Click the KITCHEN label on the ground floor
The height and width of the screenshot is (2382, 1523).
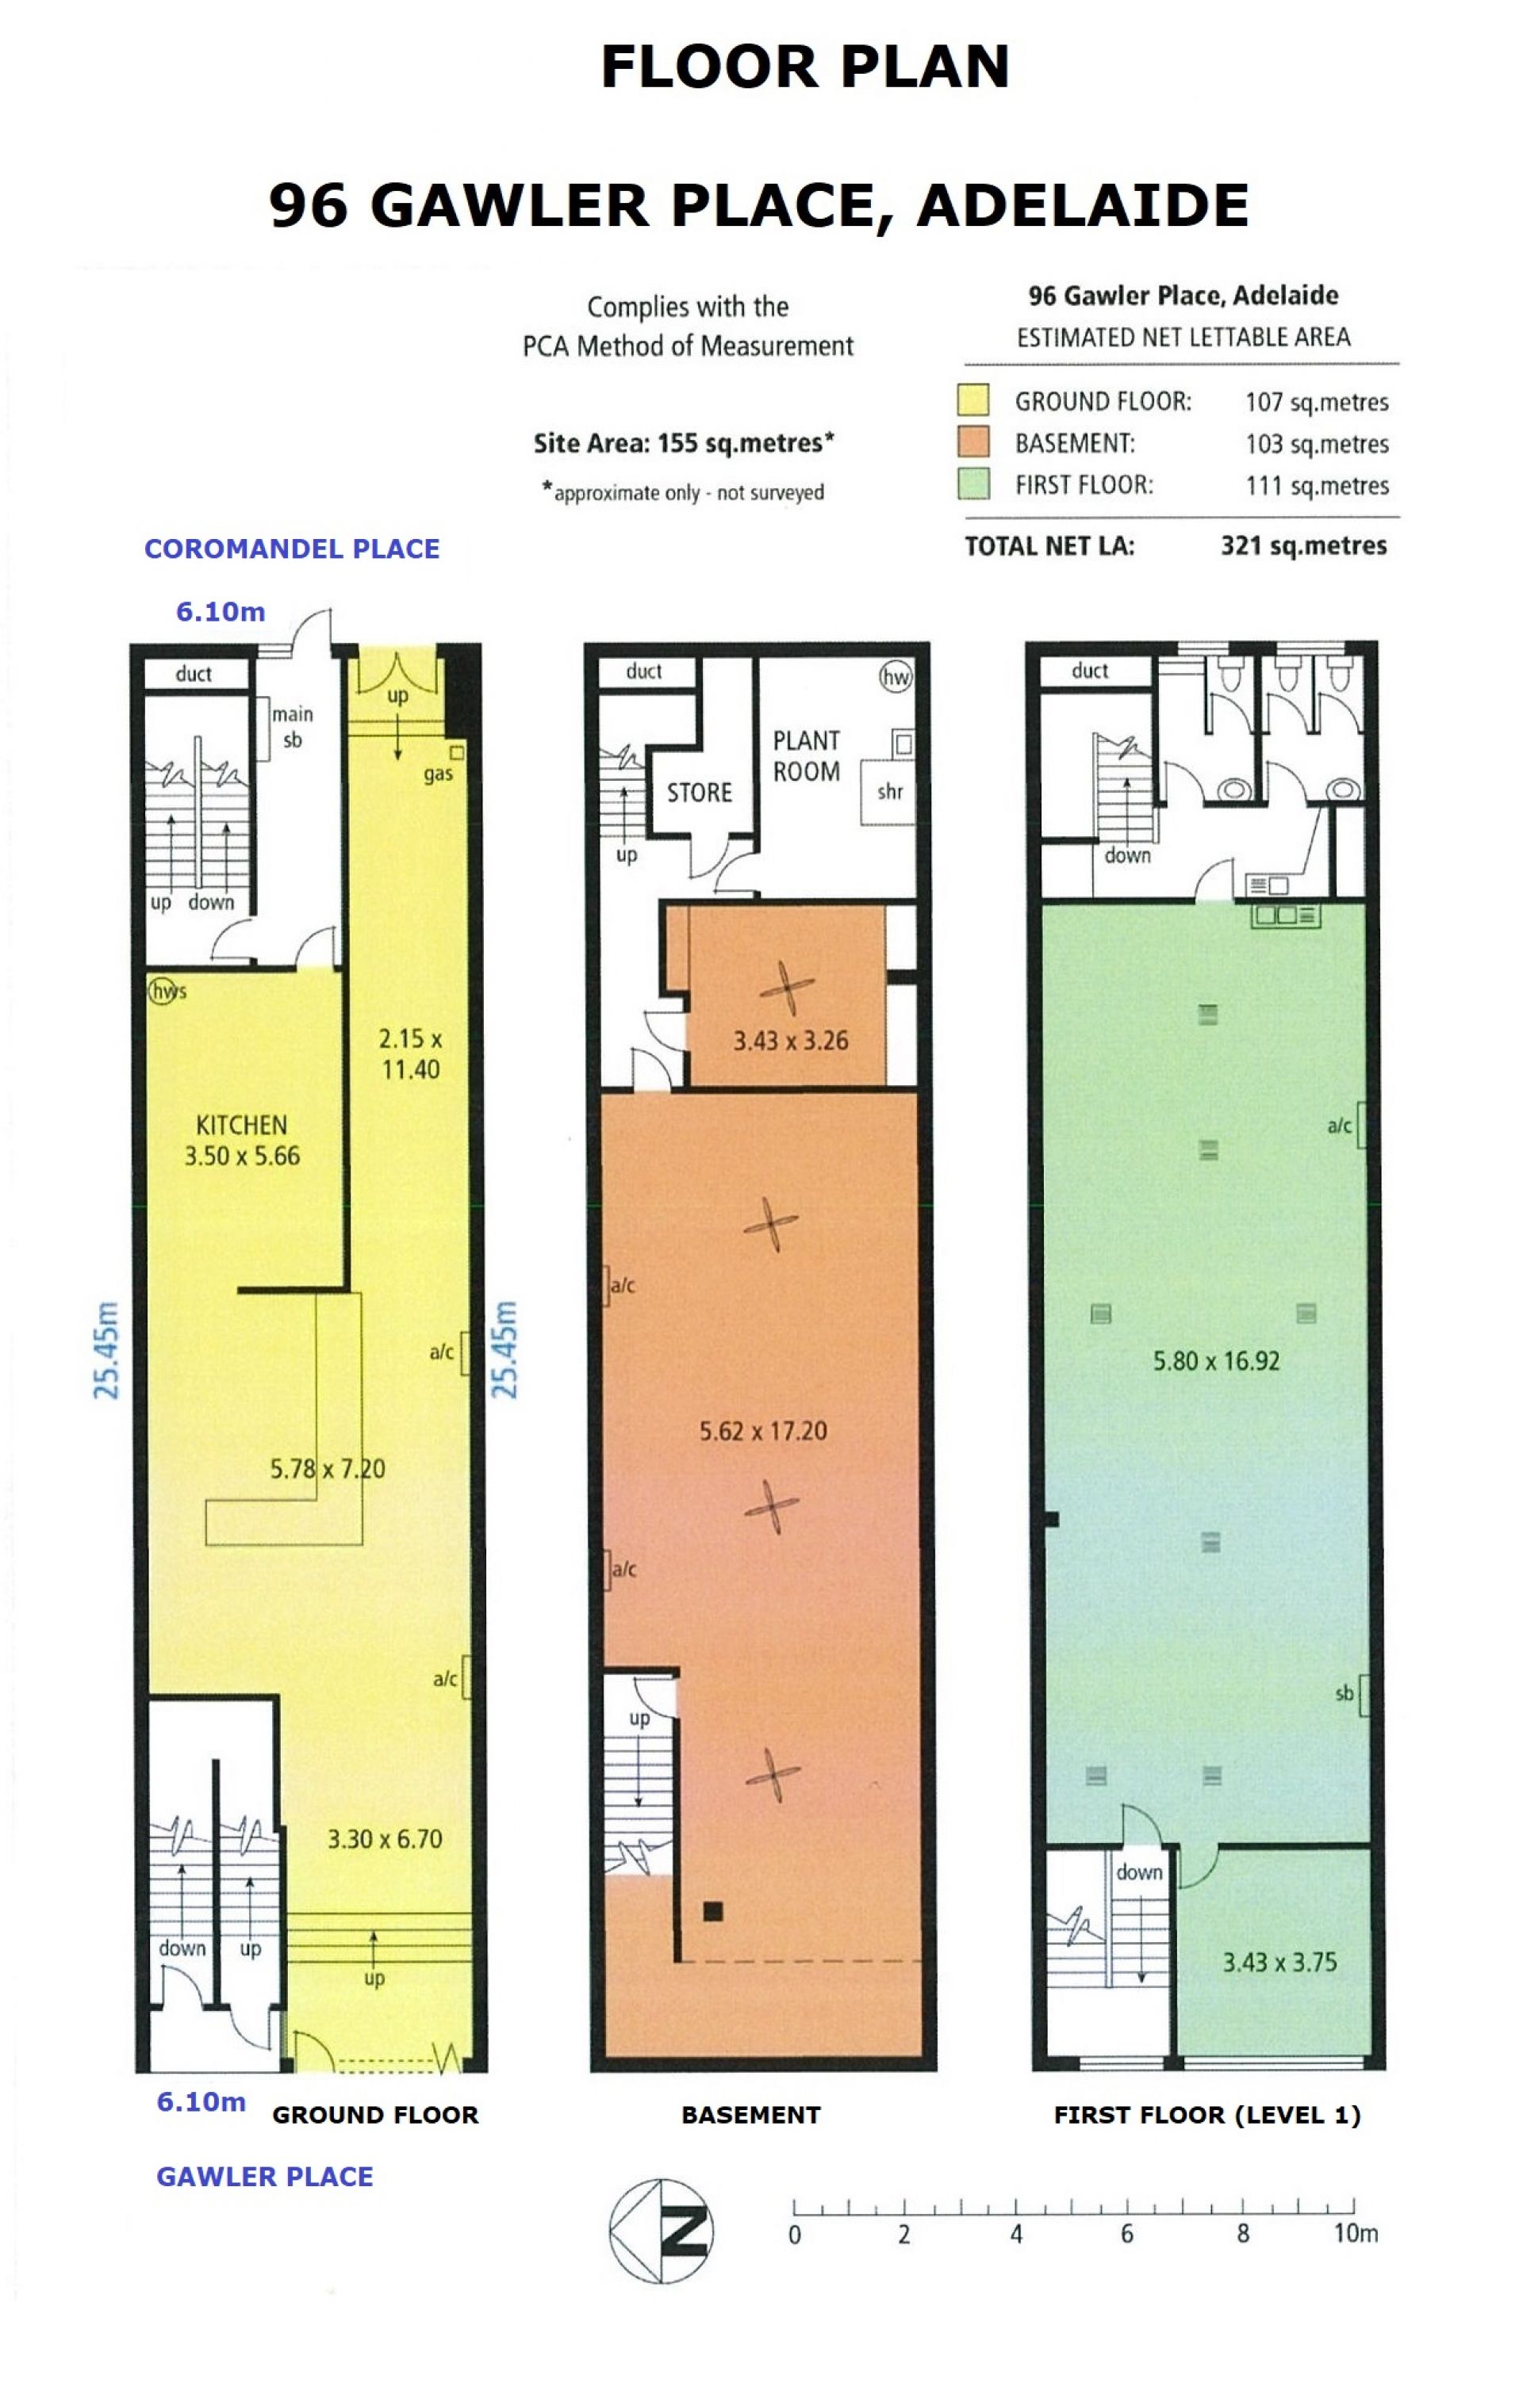[241, 1125]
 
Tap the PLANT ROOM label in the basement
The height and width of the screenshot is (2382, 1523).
[807, 755]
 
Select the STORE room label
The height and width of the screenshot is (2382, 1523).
[700, 793]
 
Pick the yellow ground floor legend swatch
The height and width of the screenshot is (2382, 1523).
[974, 400]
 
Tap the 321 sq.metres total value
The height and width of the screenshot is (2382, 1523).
[1303, 546]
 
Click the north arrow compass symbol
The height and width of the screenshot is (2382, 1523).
[660, 2231]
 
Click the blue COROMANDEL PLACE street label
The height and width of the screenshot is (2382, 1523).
[292, 549]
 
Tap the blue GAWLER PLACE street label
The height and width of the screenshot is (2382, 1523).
[265, 2176]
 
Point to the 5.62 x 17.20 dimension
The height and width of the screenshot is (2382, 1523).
[763, 1430]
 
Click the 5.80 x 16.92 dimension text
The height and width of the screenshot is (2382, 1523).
[1216, 1360]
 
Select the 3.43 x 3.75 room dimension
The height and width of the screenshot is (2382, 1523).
[1279, 1962]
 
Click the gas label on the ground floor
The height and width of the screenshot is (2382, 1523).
[439, 774]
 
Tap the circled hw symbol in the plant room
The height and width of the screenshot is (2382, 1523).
[896, 678]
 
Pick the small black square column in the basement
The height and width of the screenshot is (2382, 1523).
[712, 1911]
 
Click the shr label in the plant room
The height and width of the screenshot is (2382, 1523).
[890, 791]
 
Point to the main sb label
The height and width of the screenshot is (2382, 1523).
[292, 726]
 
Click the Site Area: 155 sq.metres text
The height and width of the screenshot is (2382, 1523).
[684, 442]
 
